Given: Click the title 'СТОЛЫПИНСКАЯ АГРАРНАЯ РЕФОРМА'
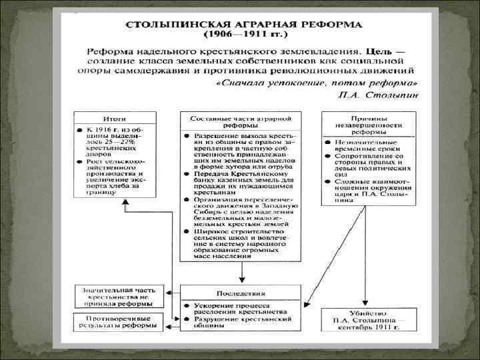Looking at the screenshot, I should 243,25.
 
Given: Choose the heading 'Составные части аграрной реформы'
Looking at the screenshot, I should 241,122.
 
